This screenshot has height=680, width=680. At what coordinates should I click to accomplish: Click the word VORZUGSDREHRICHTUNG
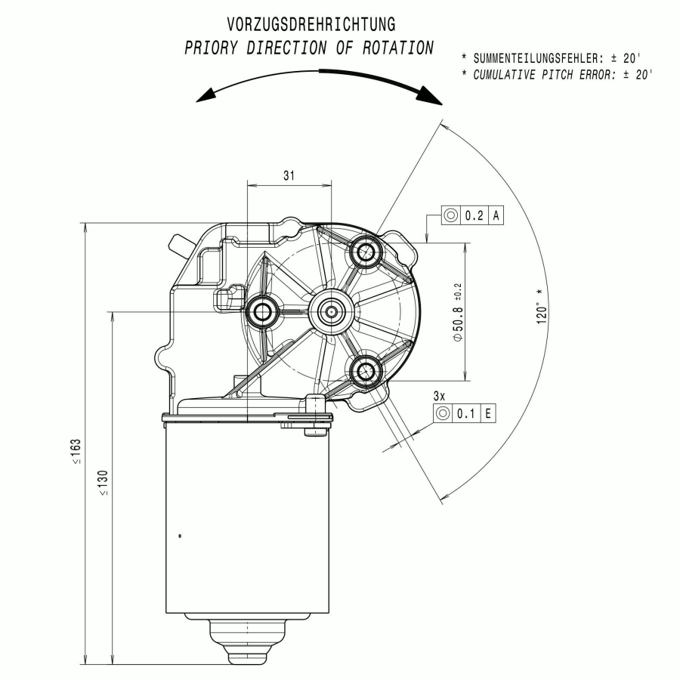[311, 24]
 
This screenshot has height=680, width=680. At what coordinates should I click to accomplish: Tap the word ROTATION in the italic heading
[397, 48]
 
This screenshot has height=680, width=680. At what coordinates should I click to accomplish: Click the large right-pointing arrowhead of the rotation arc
[429, 95]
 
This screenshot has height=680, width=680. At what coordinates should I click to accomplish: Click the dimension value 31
[289, 175]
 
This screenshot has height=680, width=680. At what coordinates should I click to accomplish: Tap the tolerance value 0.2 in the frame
[474, 215]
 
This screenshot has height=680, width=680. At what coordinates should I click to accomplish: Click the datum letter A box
[496, 215]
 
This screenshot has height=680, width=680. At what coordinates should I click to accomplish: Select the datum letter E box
[488, 413]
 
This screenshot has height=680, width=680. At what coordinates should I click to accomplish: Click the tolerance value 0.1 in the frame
[465, 413]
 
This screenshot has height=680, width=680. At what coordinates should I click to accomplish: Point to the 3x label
[439, 396]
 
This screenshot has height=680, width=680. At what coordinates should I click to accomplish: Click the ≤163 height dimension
[76, 452]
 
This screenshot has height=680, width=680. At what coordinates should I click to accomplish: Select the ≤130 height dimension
[104, 483]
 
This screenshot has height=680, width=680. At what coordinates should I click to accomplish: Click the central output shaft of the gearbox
[332, 311]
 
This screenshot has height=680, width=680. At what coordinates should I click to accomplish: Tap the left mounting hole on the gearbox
[262, 311]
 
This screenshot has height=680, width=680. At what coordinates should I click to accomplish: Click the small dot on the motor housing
[180, 536]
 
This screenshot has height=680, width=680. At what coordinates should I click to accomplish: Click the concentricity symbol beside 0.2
[451, 215]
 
